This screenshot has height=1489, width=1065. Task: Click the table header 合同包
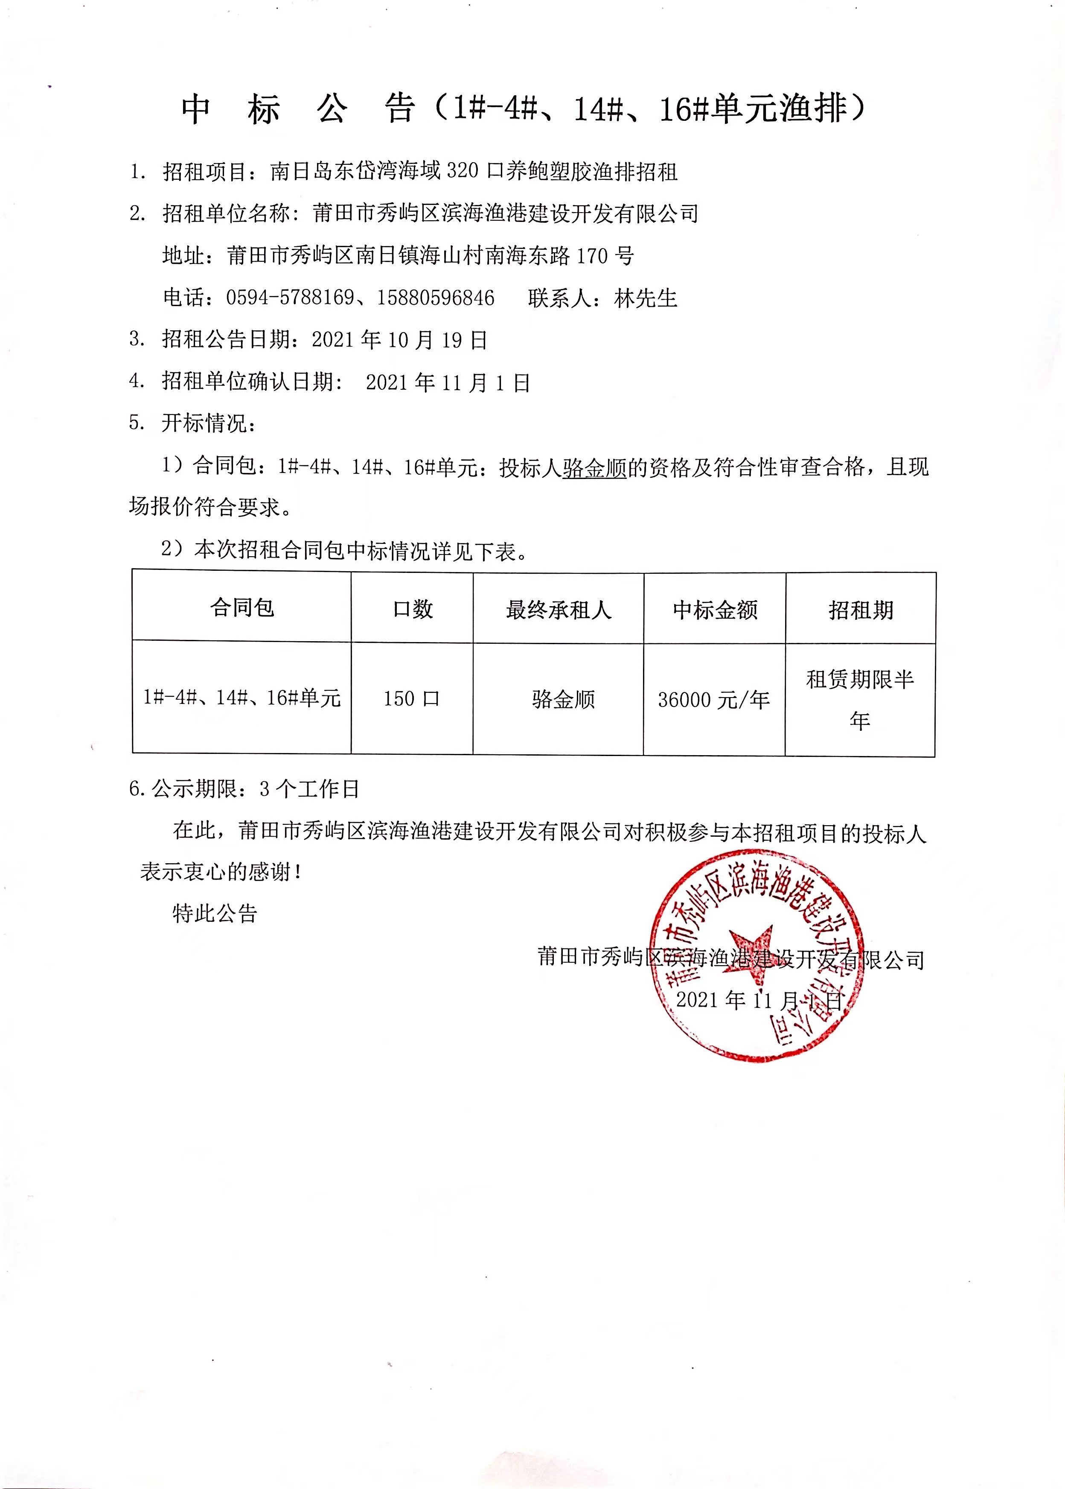tap(242, 607)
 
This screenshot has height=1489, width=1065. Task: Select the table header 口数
tap(413, 609)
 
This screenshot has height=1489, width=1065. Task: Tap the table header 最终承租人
tap(558, 609)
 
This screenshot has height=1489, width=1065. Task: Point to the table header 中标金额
tap(715, 610)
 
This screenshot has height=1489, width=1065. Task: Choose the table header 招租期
tap(860, 610)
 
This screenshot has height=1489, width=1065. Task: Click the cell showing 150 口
tap(411, 698)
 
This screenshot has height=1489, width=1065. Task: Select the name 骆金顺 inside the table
tap(563, 699)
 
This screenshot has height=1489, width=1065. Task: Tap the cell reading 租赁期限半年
tap(860, 699)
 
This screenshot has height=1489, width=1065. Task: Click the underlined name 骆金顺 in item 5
tap(594, 468)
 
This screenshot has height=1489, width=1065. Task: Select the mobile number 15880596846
tap(436, 298)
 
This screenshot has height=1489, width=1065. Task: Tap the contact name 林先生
tap(645, 298)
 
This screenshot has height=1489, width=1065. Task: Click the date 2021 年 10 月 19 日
tap(399, 340)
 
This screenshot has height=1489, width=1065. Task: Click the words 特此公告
tap(215, 913)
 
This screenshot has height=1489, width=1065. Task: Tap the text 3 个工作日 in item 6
tap(309, 788)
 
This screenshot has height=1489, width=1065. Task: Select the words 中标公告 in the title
tap(298, 109)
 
